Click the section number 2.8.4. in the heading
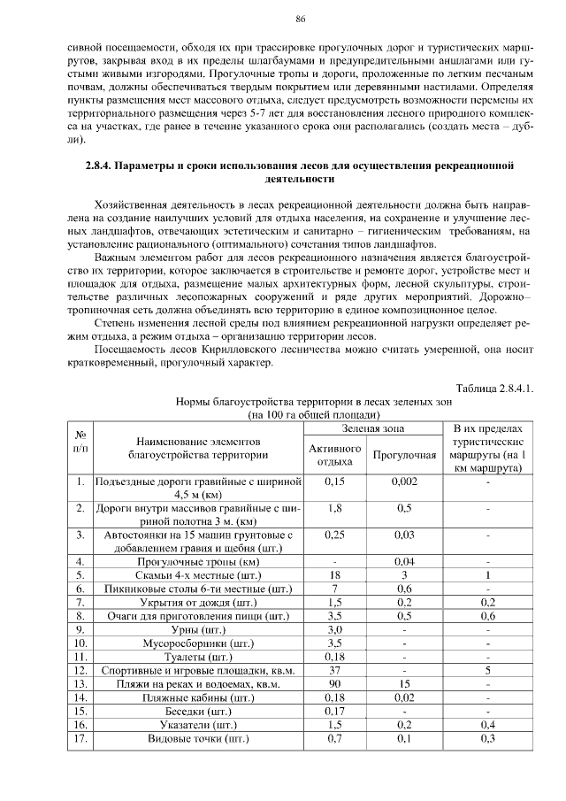(103, 166)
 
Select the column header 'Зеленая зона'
(373, 428)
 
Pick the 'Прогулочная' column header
(405, 456)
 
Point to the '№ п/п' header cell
(80, 443)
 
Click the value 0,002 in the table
(405, 481)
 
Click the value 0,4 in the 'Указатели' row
(487, 724)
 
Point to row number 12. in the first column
(80, 670)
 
